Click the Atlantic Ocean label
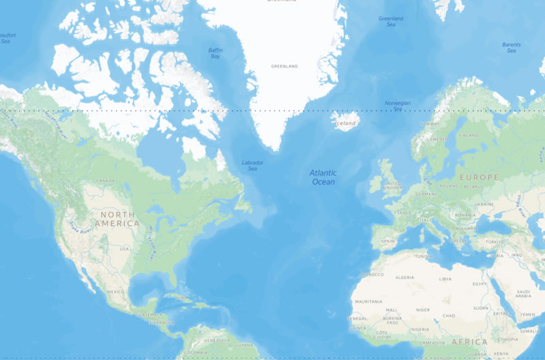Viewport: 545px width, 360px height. [x=323, y=177]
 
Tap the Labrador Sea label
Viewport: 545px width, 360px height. [x=253, y=165]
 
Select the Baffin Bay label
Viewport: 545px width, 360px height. [x=215, y=53]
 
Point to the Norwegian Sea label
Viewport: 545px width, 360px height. [x=398, y=106]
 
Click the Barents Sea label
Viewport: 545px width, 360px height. [x=512, y=48]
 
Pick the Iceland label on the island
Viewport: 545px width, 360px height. [x=347, y=123]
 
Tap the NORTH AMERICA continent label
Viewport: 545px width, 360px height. [x=117, y=219]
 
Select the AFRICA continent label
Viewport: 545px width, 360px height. [x=469, y=342]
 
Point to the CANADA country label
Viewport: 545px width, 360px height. [x=106, y=180]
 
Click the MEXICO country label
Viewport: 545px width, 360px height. [x=116, y=291]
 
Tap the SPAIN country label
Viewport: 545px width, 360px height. [x=388, y=241]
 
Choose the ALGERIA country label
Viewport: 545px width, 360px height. [x=405, y=278]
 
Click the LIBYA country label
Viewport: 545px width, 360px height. [x=445, y=278]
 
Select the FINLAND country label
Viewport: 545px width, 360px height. [x=469, y=135]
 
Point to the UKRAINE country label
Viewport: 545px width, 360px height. [x=484, y=204]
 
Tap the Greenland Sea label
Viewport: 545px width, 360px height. [x=391, y=21]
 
